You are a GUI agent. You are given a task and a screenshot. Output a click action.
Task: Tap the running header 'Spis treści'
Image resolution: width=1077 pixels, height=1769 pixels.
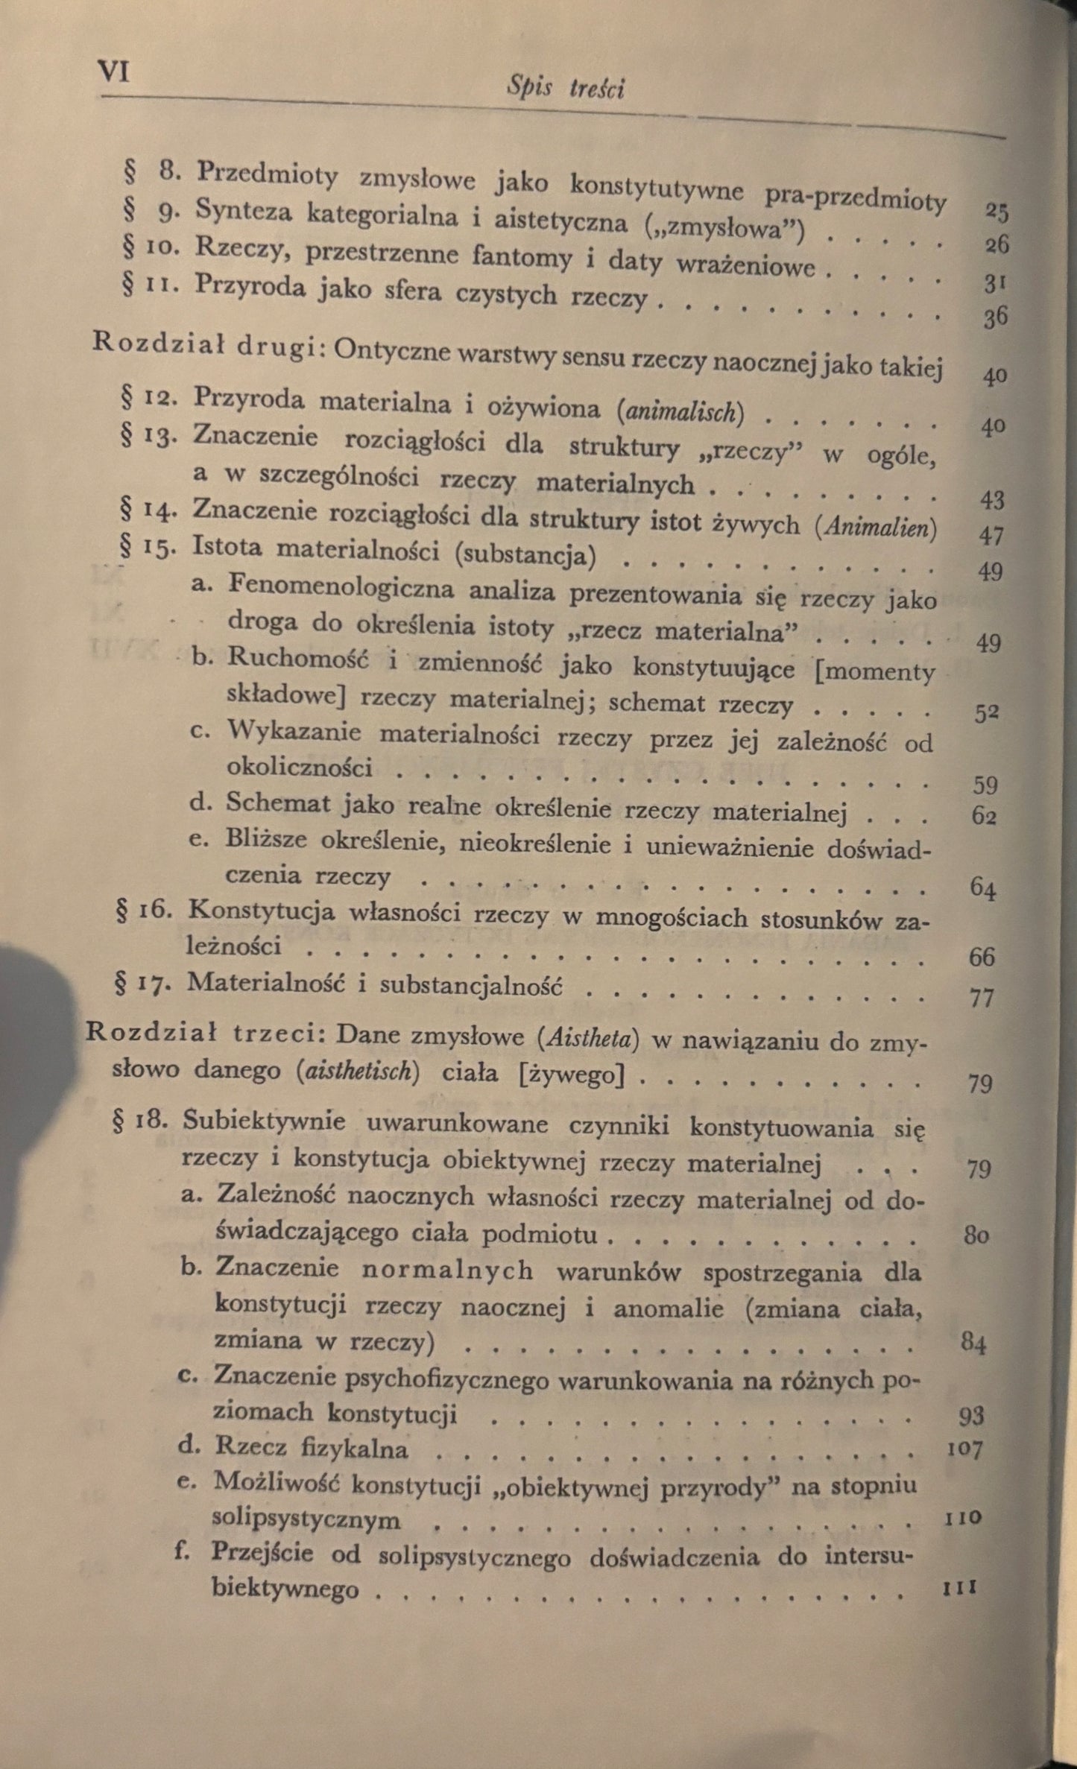coord(565,89)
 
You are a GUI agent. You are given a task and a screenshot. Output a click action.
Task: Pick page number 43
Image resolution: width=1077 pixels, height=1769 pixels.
coord(992,500)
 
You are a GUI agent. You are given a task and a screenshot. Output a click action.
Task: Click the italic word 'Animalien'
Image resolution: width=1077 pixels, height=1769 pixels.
coord(876,528)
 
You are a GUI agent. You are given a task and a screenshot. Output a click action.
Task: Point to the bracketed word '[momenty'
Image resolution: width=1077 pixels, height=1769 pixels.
coord(875,671)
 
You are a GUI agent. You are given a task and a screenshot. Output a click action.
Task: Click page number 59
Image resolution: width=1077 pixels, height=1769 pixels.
coord(985,785)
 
